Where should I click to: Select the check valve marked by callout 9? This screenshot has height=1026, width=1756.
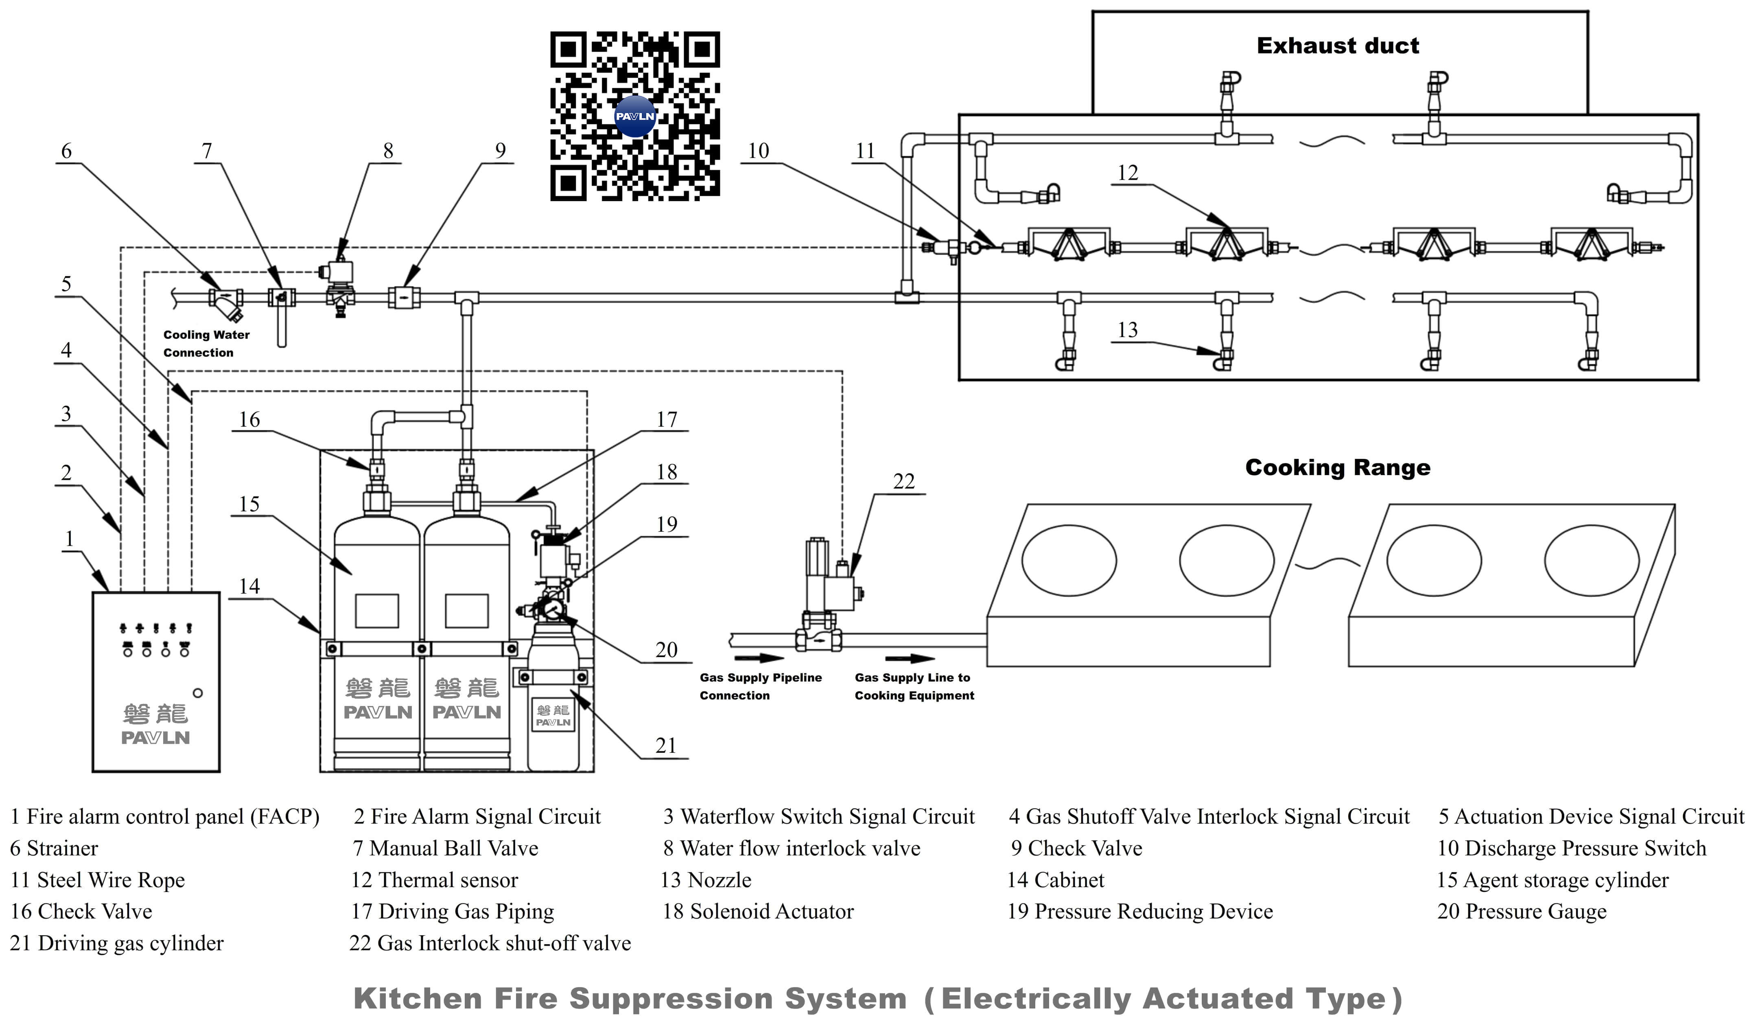[x=403, y=298]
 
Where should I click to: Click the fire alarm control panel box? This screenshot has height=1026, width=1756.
[x=156, y=682]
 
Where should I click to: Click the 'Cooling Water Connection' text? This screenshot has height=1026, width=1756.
[x=206, y=344]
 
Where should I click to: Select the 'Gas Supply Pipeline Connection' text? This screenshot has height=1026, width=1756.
[x=760, y=686]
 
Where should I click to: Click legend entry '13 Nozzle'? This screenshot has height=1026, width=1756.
[x=706, y=880]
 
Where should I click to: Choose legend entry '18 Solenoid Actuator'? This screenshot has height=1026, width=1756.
[x=758, y=912]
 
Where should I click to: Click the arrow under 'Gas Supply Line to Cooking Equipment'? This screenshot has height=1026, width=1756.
[x=910, y=659]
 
